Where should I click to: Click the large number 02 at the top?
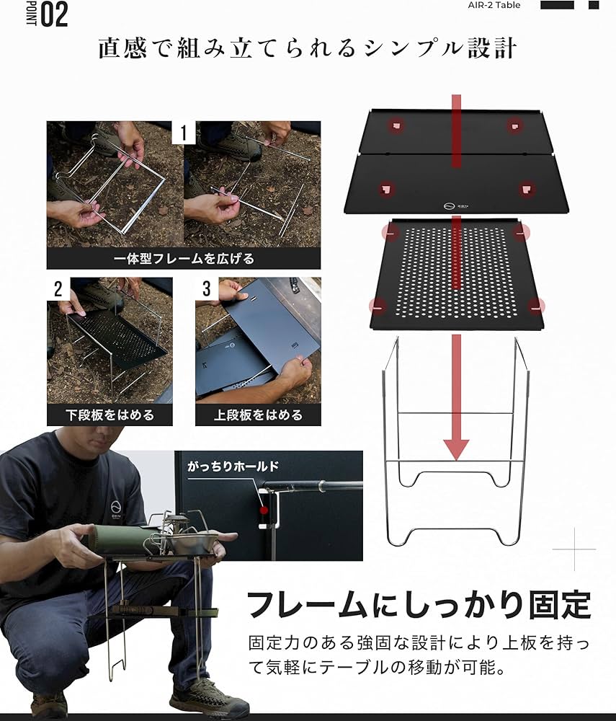pos(55,14)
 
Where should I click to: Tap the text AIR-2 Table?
pos(494,5)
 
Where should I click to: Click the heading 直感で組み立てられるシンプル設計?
pos(308,48)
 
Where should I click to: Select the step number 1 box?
pos(184,133)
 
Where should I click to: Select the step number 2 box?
pos(58,289)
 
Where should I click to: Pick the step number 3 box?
pos(207,289)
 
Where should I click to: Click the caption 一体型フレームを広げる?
pos(184,257)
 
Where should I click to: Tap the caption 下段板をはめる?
pos(110,415)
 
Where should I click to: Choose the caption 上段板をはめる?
pos(258,415)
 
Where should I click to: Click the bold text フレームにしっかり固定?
pos(419,604)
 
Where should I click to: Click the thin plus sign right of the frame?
pos(574,549)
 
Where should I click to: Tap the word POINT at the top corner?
pos(31,14)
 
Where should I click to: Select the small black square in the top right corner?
pos(594,5)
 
